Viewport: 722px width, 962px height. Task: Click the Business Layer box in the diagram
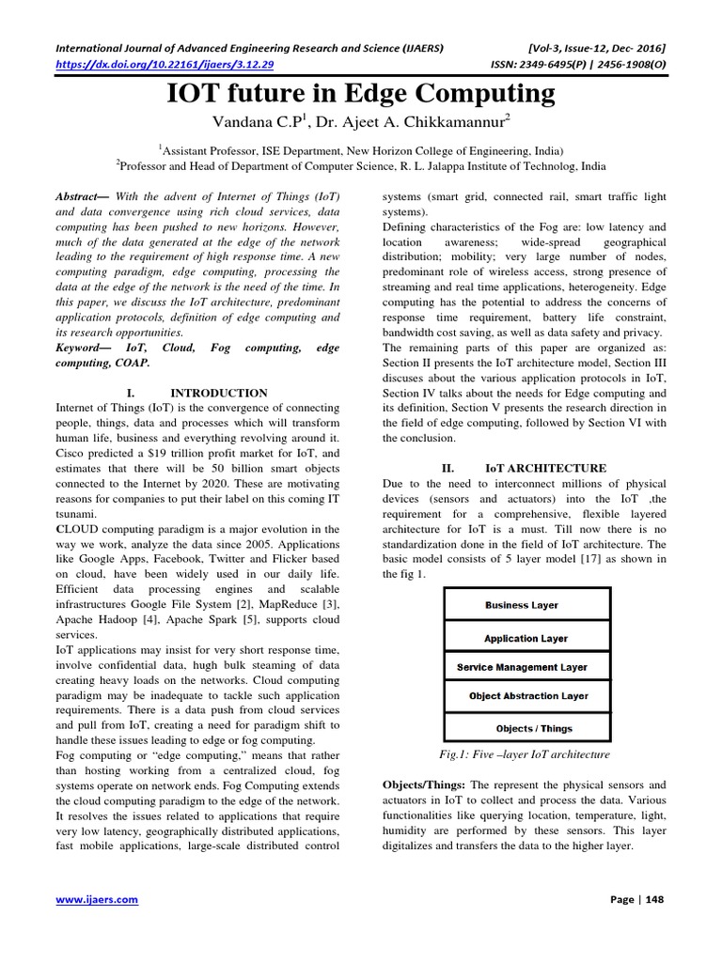[x=522, y=605]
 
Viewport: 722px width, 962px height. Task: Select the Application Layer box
[x=526, y=638]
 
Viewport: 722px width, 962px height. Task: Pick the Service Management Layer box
[x=522, y=667]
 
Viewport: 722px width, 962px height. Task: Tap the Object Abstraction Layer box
[x=528, y=696]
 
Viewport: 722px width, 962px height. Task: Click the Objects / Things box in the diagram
[x=533, y=728]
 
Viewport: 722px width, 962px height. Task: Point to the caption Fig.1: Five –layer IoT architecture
[x=525, y=754]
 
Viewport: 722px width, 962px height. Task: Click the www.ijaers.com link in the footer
[x=98, y=899]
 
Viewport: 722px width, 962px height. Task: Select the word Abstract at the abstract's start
[x=77, y=197]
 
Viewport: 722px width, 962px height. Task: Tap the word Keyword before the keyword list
[x=81, y=348]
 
